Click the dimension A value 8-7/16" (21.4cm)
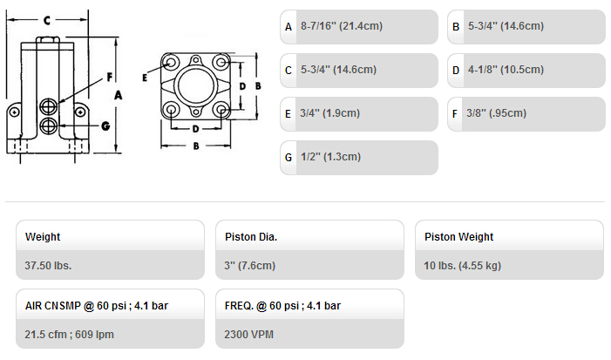pos(342,26)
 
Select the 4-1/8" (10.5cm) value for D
pos(506,70)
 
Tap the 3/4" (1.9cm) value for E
pos(329,113)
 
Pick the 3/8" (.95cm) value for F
pos(497,113)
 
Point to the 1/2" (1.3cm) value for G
pos(330,157)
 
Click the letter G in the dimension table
pos(289,158)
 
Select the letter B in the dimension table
pos(456,27)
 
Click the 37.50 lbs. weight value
pos(48,266)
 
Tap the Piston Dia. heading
pos(251,237)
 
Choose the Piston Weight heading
pos(458,237)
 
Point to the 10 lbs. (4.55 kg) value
pos(462,266)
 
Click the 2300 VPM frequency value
pos(248,335)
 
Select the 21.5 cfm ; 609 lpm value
pos(70,335)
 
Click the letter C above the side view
pos(47,20)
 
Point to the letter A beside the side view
pos(118,95)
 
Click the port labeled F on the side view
pos(48,106)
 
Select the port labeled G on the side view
pos(48,126)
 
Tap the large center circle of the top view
pos(196,85)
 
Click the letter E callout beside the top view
pos(145,78)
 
